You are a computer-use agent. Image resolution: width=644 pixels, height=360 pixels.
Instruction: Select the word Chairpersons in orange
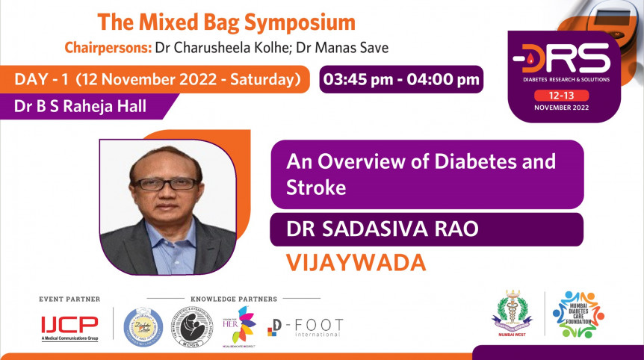point(107,48)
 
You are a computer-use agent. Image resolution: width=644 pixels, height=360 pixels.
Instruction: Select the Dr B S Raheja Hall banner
point(80,106)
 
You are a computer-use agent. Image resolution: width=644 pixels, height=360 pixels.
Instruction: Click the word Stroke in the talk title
point(316,188)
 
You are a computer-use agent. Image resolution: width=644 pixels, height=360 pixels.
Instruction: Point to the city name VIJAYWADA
point(356,262)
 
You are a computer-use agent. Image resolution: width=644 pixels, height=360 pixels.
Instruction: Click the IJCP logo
point(69,325)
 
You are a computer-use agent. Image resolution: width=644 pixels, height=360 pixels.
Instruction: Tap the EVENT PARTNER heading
point(69,299)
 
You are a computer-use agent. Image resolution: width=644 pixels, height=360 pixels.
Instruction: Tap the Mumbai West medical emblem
point(512,313)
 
